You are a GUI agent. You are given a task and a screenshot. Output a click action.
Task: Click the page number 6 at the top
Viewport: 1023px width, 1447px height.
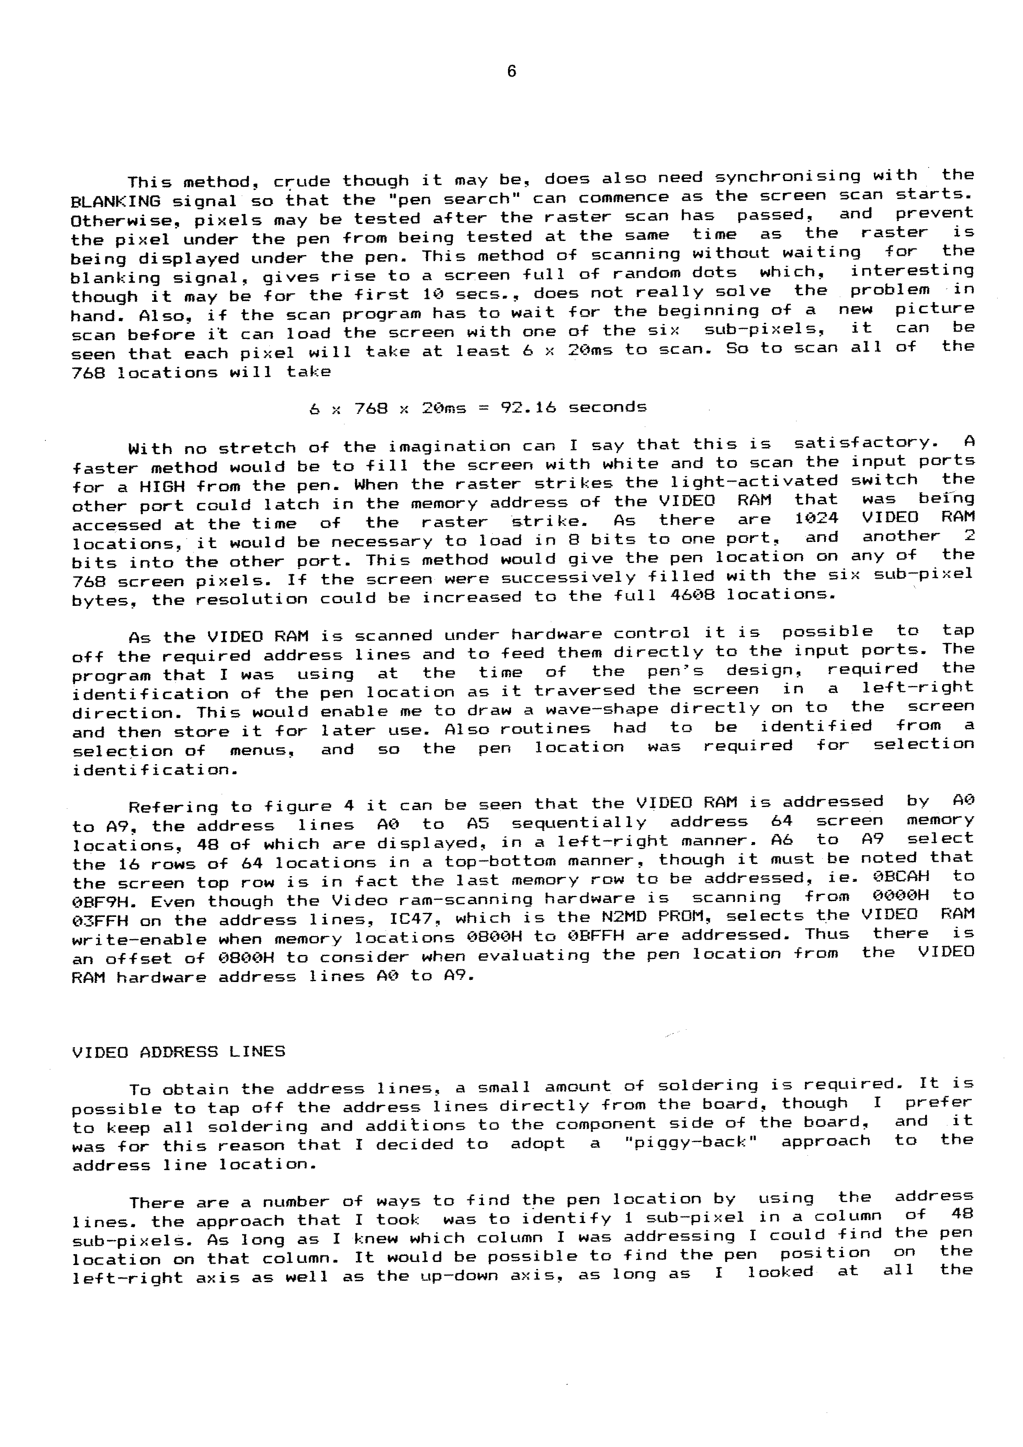click(511, 72)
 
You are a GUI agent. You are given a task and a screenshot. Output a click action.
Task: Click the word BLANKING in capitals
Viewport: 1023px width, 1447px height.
click(115, 202)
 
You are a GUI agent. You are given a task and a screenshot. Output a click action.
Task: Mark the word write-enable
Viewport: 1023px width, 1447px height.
click(139, 939)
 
